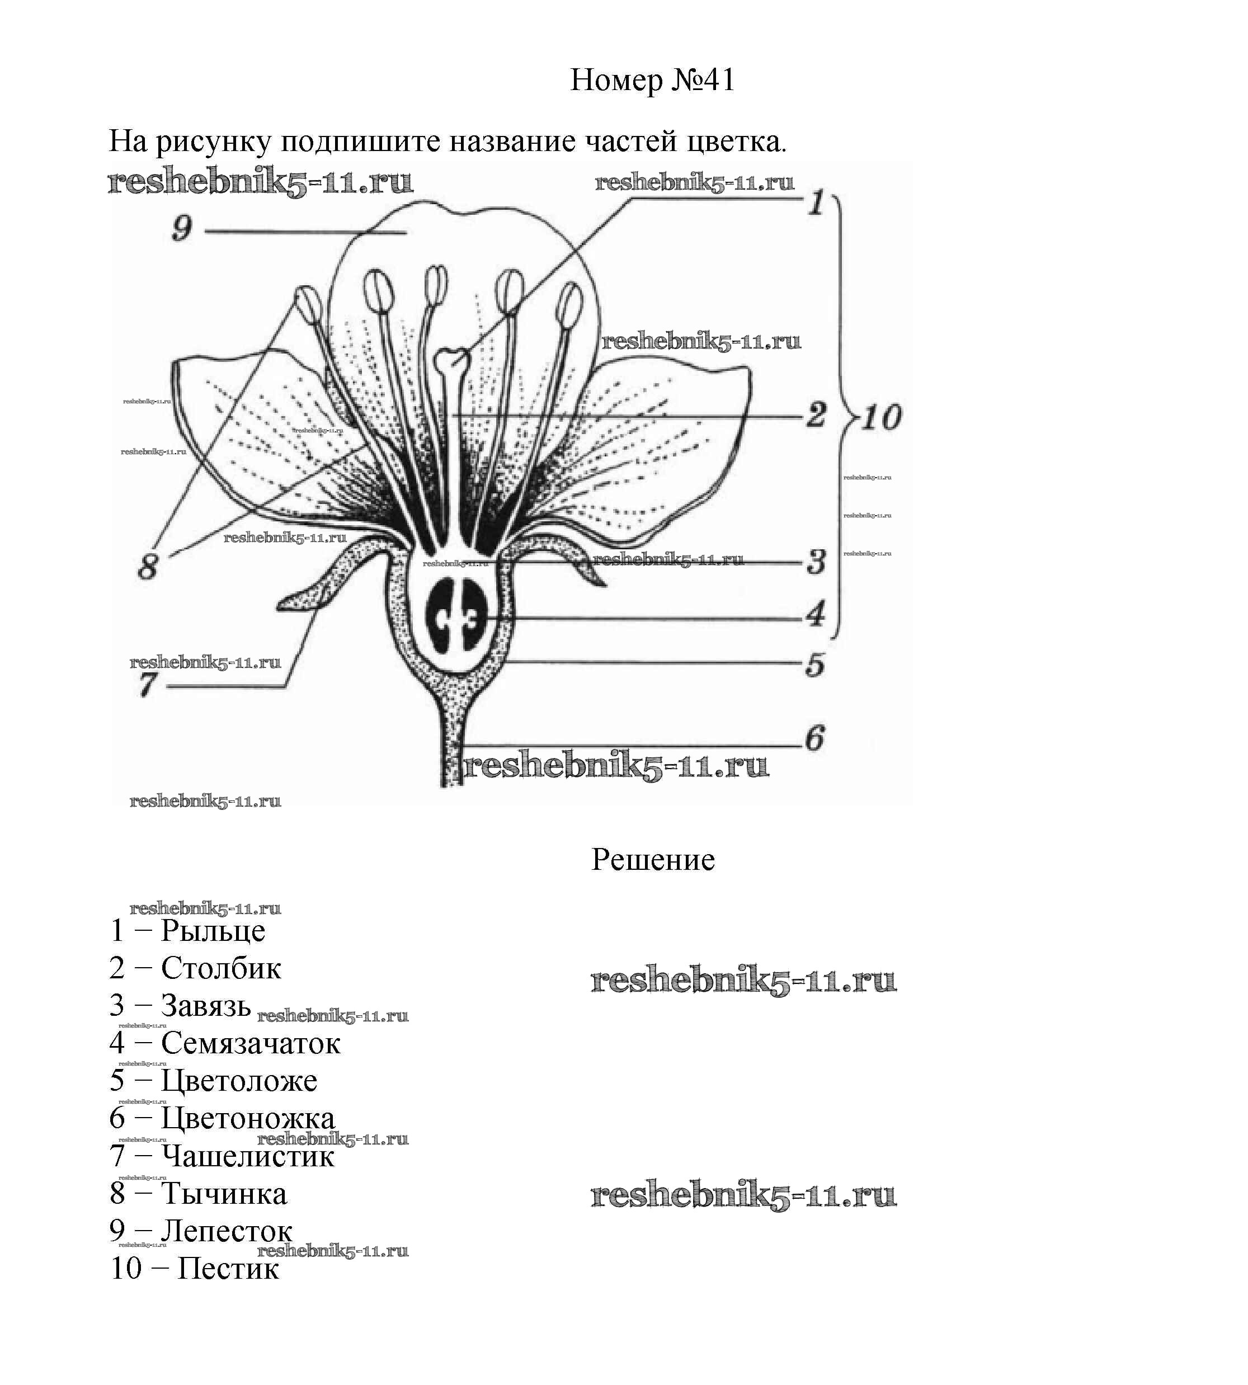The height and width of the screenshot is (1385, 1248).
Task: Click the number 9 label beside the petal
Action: [x=182, y=228]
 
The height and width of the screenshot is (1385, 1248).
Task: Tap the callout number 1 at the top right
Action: [x=816, y=203]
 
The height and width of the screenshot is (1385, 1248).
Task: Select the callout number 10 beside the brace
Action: [x=881, y=417]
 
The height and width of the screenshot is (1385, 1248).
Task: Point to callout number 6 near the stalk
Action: [x=814, y=738]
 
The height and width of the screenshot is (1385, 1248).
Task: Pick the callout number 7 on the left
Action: [x=147, y=684]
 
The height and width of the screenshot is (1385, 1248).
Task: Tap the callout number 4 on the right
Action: [x=814, y=614]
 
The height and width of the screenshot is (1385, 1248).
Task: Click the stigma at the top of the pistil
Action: [x=453, y=357]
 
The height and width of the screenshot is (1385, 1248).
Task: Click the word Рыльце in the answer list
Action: [x=213, y=931]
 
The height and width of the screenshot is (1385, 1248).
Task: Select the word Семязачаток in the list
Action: [x=250, y=1044]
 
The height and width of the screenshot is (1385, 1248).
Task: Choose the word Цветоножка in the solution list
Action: [x=248, y=1118]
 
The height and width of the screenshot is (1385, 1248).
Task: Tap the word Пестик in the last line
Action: [x=228, y=1269]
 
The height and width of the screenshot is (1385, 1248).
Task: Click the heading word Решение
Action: [x=652, y=860]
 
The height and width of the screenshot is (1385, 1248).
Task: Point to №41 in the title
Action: [x=702, y=80]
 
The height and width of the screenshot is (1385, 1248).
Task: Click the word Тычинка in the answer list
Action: [x=224, y=1194]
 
